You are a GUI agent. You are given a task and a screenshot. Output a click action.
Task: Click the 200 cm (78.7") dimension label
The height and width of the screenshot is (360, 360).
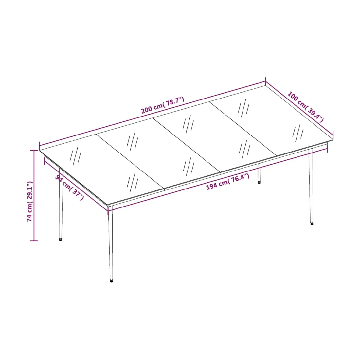(163, 105)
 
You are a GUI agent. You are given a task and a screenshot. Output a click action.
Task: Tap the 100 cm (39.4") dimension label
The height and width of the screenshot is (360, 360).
(306, 107)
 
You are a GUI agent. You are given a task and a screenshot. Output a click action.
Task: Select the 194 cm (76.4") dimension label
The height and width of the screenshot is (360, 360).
(228, 182)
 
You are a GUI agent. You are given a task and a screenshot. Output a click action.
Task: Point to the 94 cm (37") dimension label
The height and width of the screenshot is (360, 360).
(70, 187)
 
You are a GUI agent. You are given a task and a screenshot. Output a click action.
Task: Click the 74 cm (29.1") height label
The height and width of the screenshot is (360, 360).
(30, 201)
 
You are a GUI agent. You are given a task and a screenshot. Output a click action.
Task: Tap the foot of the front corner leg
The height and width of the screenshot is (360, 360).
(111, 281)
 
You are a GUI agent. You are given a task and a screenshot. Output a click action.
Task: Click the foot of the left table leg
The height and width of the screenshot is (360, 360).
(61, 240)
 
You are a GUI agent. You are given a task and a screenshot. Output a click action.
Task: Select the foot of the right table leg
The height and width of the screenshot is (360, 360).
(312, 224)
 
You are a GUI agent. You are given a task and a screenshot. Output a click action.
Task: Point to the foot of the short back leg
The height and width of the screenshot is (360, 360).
(259, 183)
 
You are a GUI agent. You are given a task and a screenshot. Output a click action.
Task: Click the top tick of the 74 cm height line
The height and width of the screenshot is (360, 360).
(34, 151)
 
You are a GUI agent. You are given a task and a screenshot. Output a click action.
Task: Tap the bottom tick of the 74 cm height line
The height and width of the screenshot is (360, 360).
(34, 241)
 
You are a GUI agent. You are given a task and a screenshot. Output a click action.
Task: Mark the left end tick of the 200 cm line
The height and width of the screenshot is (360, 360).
(40, 146)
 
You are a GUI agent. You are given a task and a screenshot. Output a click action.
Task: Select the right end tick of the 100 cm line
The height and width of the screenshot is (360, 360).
(333, 135)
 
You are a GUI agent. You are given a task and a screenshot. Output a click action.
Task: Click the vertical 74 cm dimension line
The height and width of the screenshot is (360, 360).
(34, 196)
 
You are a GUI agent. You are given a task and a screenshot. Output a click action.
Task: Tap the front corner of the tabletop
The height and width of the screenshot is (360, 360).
(107, 205)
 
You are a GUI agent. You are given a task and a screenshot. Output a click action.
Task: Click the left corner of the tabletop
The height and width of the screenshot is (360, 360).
(40, 150)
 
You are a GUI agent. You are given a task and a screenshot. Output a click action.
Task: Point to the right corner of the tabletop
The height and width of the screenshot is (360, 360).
(333, 140)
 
